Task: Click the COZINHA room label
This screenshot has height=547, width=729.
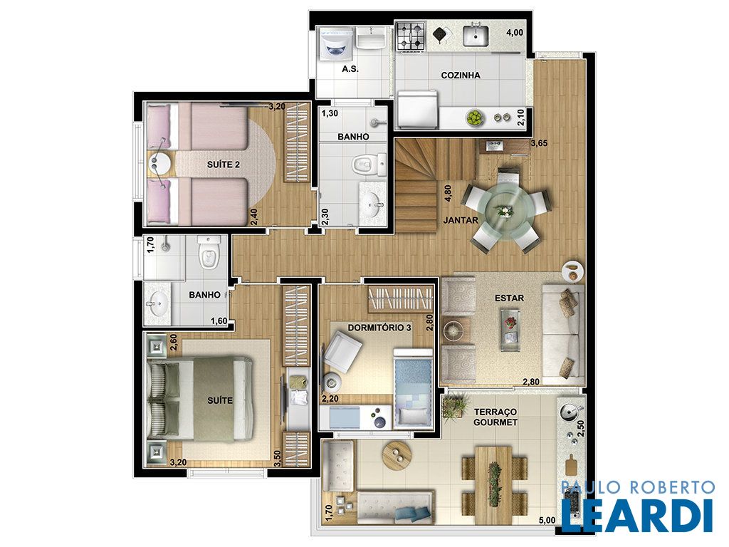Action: click(461, 75)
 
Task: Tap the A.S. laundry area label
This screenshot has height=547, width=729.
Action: click(350, 69)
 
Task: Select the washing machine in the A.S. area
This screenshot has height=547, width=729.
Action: click(336, 44)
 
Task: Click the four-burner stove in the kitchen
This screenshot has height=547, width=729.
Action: click(411, 36)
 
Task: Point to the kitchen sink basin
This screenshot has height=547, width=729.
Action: click(475, 36)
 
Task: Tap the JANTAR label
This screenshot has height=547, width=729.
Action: click(461, 220)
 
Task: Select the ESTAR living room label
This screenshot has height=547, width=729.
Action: click(509, 298)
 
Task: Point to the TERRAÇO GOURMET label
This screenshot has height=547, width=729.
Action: click(495, 417)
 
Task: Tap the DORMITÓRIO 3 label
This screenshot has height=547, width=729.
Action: click(379, 328)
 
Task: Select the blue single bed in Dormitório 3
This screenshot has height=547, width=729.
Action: click(414, 389)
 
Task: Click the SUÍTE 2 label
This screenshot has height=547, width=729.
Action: click(223, 165)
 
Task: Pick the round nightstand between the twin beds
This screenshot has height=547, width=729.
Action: click(159, 163)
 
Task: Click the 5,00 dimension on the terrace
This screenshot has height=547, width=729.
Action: click(547, 521)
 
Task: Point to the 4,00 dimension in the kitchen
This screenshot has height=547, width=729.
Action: click(515, 33)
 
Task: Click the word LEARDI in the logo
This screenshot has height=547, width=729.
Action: click(636, 515)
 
